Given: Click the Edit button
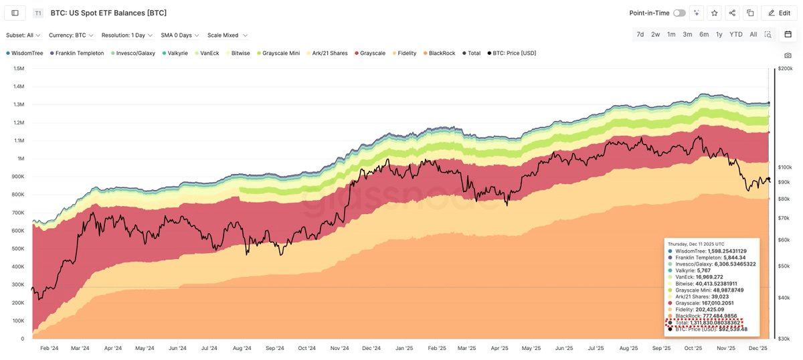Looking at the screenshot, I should tap(779, 13).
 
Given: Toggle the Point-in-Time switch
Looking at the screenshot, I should tap(679, 13).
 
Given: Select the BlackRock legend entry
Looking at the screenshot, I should tap(442, 53).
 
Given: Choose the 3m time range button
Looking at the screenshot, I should tap(687, 34).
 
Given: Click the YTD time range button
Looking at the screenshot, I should tap(735, 34).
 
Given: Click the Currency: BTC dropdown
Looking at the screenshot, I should tap(71, 35).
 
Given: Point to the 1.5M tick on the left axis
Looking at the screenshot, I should tap(19, 68).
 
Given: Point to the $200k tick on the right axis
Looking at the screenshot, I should tap(784, 68).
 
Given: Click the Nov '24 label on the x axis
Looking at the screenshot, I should tap(340, 348).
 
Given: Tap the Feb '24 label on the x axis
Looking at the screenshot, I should tap(49, 348).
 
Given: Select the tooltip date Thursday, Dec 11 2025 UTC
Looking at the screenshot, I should tap(696, 244).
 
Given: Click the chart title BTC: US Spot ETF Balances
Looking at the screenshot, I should tap(108, 13).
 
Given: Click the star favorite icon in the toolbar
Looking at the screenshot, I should tap(715, 13).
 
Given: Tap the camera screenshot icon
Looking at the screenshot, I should tap(788, 55).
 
